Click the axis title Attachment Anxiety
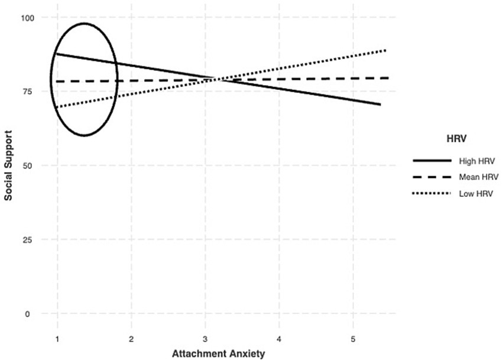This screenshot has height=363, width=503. click(x=218, y=354)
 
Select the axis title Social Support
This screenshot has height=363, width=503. click(x=9, y=166)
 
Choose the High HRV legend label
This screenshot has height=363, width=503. click(x=471, y=160)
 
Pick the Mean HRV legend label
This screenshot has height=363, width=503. click(x=472, y=177)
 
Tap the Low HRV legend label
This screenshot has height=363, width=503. click(x=470, y=193)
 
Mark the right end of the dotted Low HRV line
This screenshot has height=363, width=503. click(x=386, y=50)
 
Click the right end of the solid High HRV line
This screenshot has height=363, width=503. click(x=380, y=105)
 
